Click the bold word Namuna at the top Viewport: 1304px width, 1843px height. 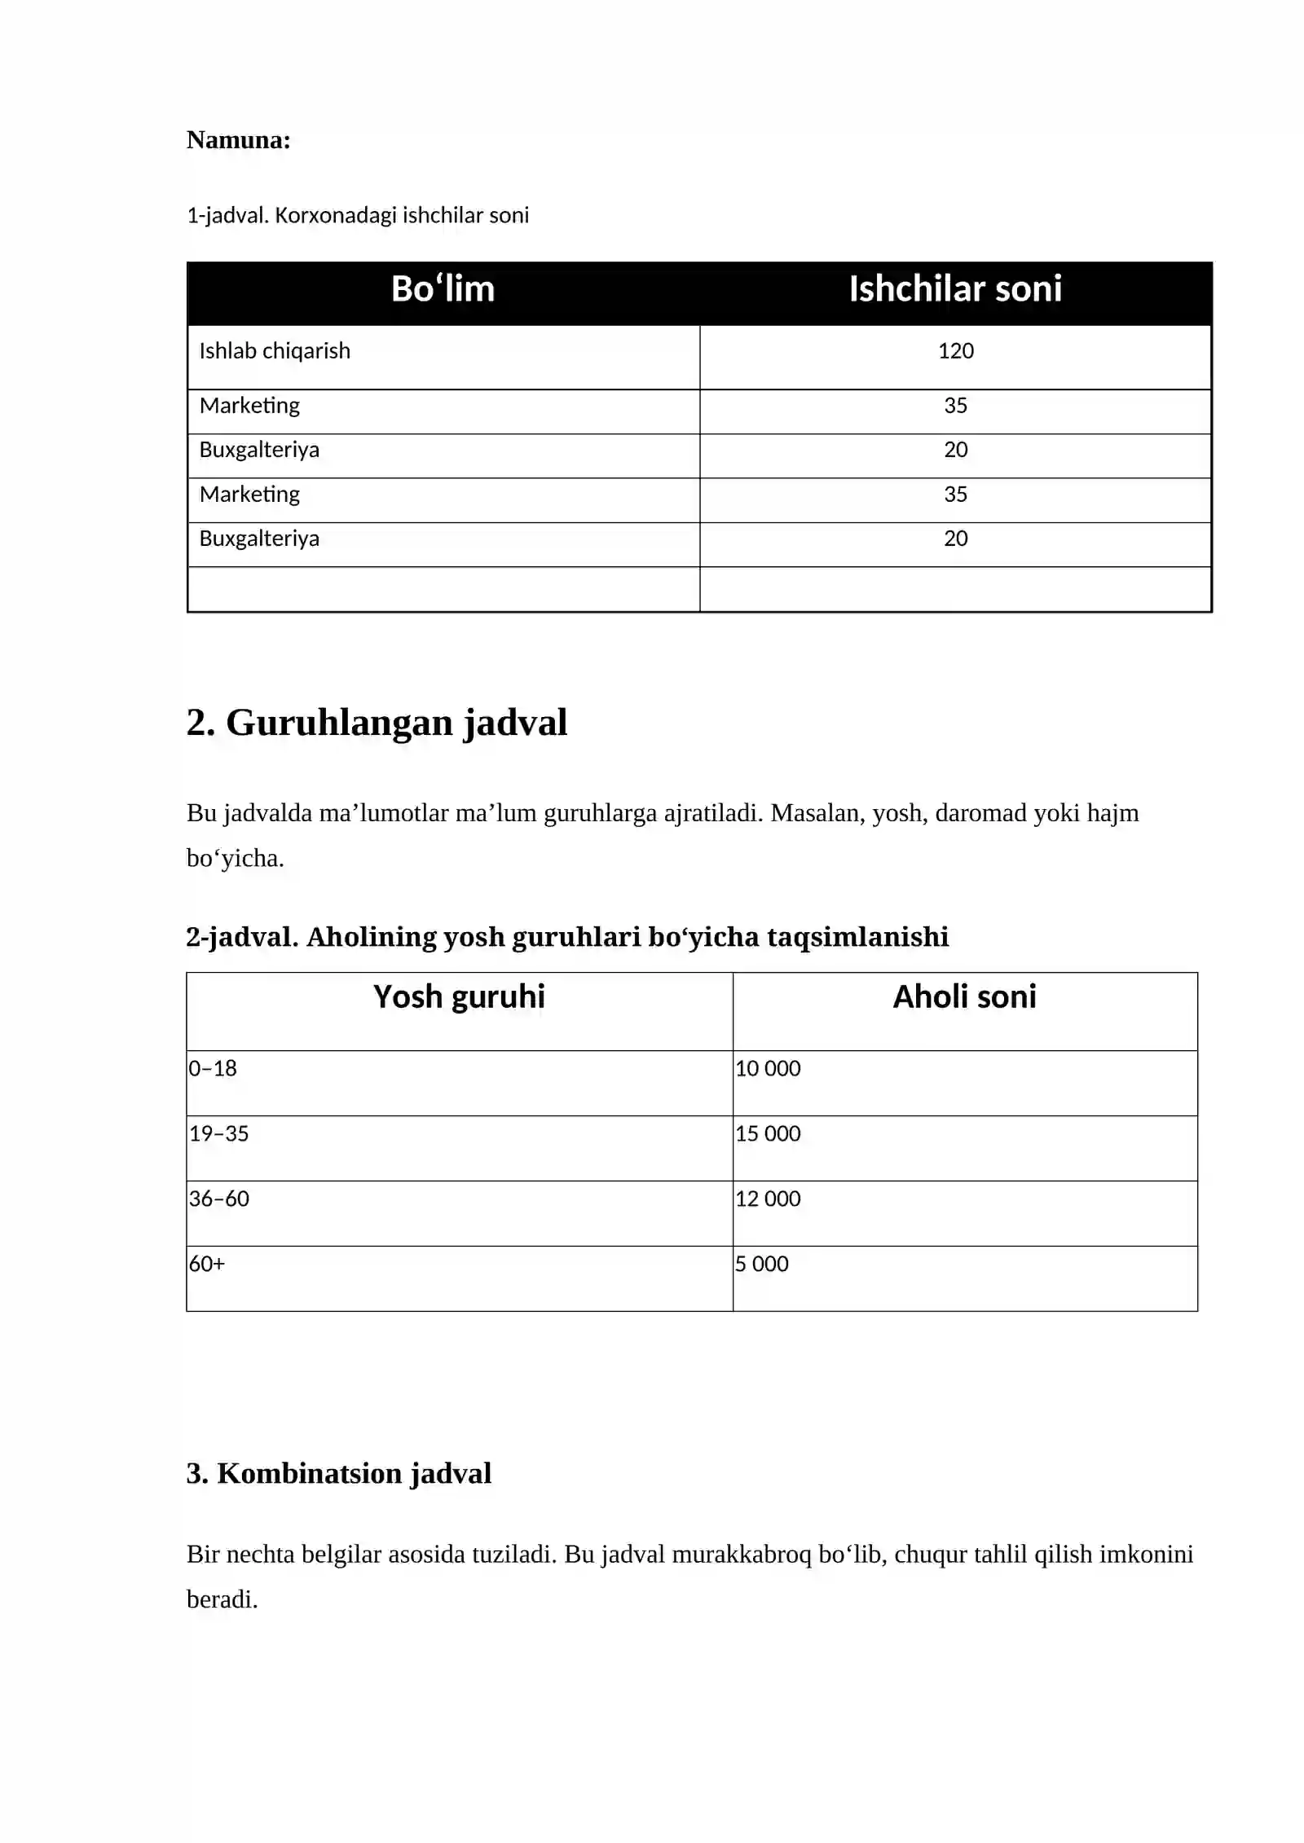238,140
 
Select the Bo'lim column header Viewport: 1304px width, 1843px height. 443,289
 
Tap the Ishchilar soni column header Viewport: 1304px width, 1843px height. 954,289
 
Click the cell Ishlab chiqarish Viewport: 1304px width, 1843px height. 275,351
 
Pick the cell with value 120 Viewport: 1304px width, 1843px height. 955,351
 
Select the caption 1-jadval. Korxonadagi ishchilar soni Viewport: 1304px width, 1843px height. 357,215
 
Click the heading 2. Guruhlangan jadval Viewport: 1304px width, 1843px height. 376,723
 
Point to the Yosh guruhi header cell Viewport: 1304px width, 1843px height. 459,996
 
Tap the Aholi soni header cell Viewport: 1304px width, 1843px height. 964,996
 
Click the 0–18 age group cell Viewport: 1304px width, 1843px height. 213,1068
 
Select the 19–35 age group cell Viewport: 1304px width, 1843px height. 218,1133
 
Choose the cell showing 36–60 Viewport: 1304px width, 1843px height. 218,1199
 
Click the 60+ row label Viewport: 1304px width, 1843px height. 207,1264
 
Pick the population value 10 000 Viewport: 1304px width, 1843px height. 768,1068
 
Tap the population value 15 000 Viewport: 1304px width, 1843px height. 768,1133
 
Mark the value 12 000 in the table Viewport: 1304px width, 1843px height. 768,1199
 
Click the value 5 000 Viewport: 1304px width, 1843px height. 761,1264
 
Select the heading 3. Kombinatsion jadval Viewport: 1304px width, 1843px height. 338,1473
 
